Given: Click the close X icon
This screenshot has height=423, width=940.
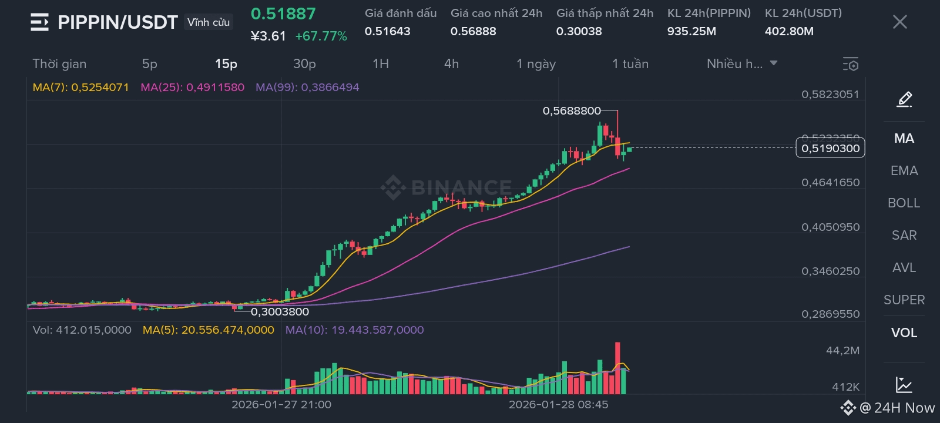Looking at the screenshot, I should (x=899, y=22).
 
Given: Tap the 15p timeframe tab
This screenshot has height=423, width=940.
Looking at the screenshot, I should (x=226, y=64).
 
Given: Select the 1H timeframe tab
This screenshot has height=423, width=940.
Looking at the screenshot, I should (x=381, y=64).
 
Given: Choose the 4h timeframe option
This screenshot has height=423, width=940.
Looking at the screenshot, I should (x=451, y=64).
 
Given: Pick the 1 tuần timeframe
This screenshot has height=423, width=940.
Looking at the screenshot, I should (x=630, y=64).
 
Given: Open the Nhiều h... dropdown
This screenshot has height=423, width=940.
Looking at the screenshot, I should (x=741, y=64).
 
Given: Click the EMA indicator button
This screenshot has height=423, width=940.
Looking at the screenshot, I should (x=904, y=171).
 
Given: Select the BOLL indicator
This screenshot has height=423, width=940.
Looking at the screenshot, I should (x=904, y=203).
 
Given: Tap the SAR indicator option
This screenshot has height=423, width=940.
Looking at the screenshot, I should (x=904, y=236).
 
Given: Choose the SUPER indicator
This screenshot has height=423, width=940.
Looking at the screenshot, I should (x=904, y=300).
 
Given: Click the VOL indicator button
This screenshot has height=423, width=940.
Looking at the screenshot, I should (x=904, y=333).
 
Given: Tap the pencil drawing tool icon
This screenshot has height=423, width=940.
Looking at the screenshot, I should (x=904, y=99).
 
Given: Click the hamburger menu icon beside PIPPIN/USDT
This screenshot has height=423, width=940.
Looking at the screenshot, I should (x=39, y=22).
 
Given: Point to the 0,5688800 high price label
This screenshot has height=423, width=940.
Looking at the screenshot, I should (x=572, y=111).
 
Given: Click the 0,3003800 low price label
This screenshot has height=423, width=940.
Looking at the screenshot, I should (x=280, y=312).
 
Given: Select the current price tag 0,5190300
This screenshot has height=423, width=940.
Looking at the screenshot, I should (x=830, y=148).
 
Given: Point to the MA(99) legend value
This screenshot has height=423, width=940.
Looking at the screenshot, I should (x=307, y=88).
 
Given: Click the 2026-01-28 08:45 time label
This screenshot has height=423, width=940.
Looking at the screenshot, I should (x=558, y=405).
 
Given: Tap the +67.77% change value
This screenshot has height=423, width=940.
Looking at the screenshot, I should (x=321, y=36).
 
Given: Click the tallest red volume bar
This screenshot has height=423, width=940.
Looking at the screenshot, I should (x=617, y=368).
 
